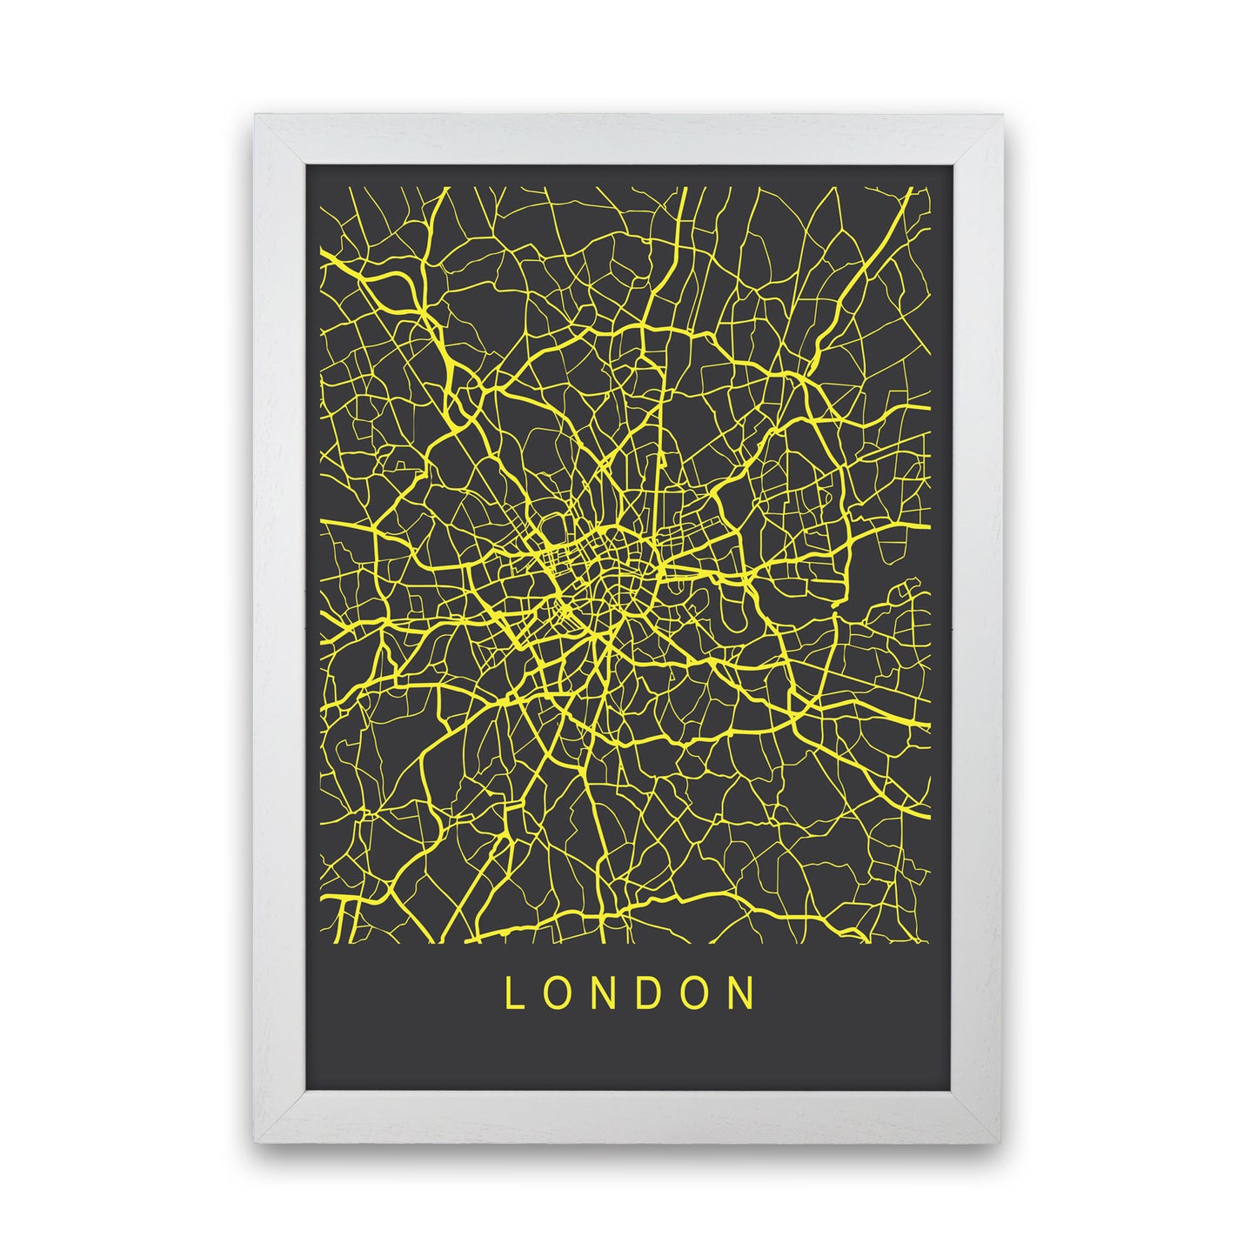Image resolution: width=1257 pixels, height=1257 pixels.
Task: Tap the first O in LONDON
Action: click(x=556, y=993)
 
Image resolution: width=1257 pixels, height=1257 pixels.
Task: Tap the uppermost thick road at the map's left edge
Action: click(x=335, y=257)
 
